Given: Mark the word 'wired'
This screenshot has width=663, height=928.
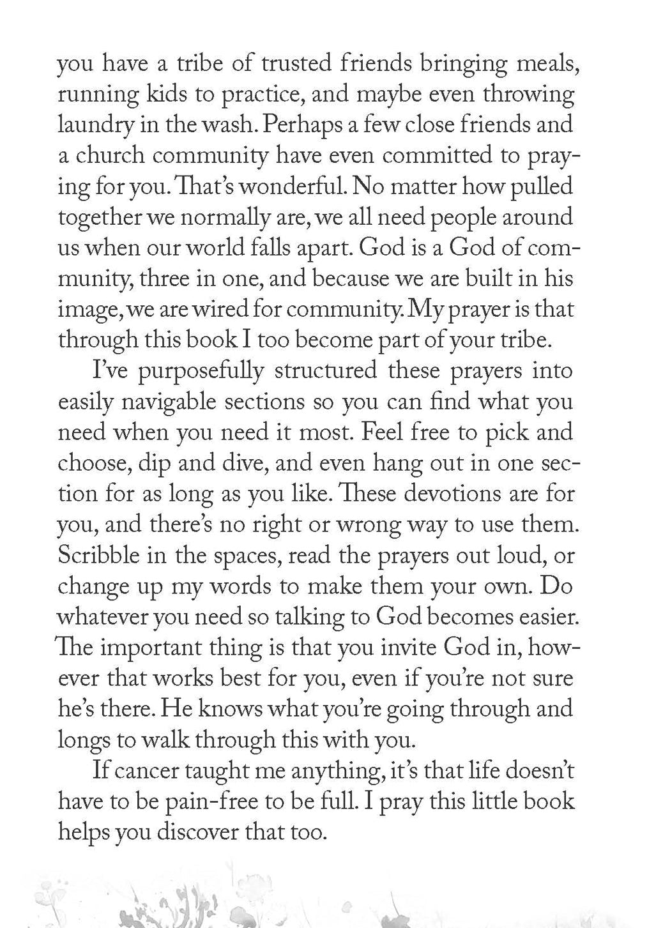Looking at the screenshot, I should (x=219, y=310).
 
